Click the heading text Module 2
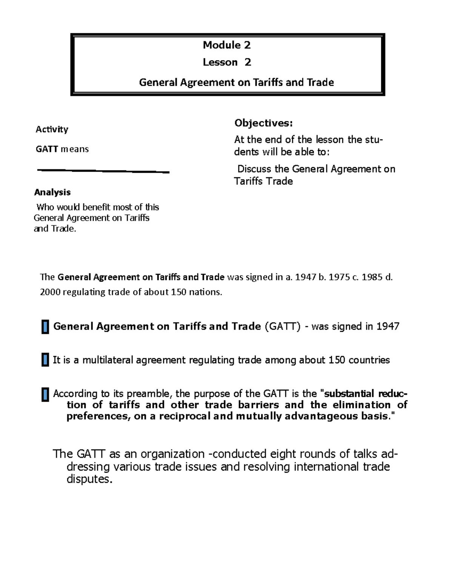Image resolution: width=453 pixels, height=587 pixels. click(x=226, y=45)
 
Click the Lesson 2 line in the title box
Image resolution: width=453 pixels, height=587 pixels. click(x=226, y=62)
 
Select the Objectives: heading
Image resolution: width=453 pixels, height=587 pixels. click(x=263, y=123)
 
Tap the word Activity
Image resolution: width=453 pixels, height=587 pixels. click(x=52, y=129)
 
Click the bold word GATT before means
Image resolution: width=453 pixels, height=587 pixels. click(x=47, y=149)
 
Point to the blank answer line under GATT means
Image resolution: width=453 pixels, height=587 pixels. click(x=103, y=171)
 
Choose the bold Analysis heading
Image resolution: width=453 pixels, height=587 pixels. click(x=52, y=192)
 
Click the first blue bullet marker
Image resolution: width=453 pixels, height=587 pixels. click(x=45, y=327)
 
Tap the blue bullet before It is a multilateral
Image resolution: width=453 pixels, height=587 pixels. click(x=45, y=360)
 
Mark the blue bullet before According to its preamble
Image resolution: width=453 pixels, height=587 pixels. click(x=45, y=395)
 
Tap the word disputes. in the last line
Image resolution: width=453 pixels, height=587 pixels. click(x=89, y=479)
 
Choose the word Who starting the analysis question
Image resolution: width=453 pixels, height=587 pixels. click(x=45, y=207)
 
